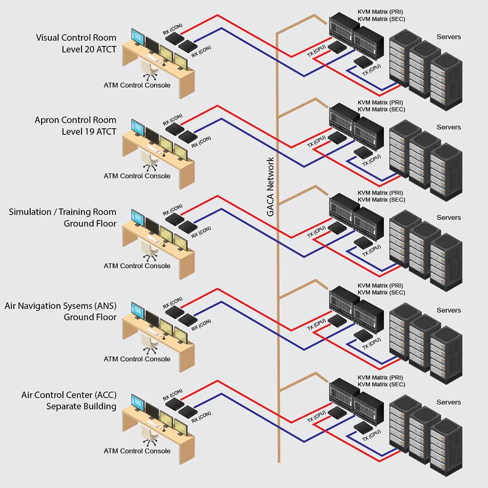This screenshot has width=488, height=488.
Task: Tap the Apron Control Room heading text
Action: (x=75, y=120)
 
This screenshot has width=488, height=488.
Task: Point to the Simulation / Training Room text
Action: (x=62, y=212)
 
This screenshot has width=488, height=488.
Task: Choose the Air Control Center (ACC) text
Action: (x=69, y=395)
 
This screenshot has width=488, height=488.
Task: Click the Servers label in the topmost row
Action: (x=448, y=37)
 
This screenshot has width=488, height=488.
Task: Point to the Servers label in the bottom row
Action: (x=448, y=402)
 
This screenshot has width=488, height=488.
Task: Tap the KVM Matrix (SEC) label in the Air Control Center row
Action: (x=381, y=385)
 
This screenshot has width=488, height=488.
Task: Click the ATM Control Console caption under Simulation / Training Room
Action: (x=137, y=266)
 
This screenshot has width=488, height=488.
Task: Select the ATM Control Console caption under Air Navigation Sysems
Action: (x=137, y=359)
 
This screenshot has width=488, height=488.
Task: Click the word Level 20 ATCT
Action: (x=89, y=49)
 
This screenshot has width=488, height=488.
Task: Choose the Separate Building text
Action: (x=81, y=406)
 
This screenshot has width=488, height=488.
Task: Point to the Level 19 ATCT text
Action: (x=89, y=131)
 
